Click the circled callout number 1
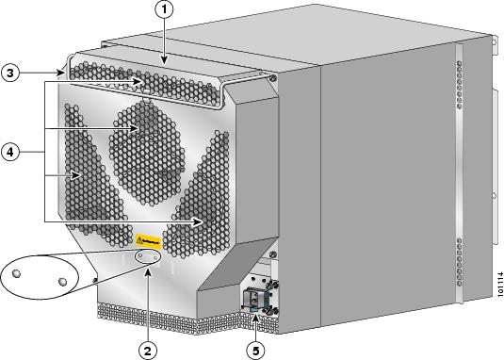(x=165, y=10)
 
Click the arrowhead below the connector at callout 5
(x=255, y=320)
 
